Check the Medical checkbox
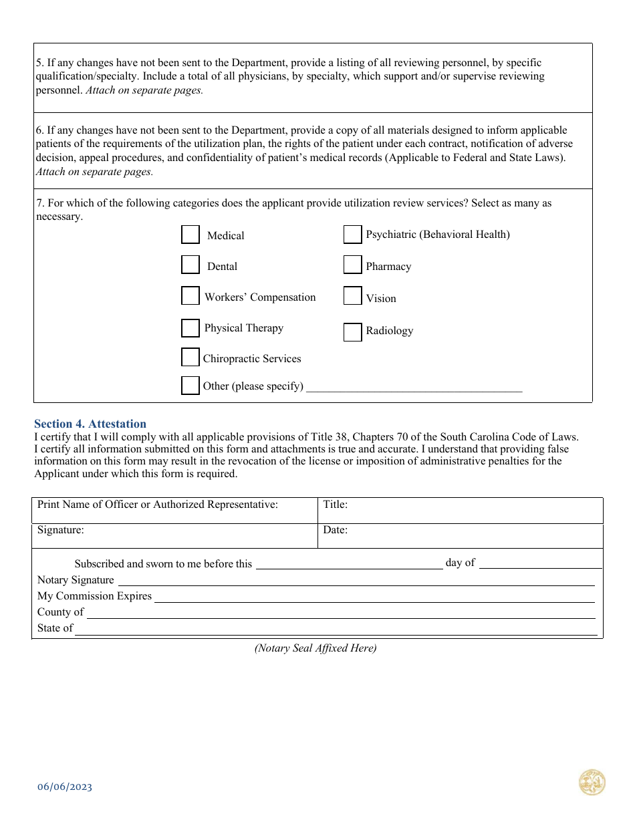pyautogui.click(x=190, y=235)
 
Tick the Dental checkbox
pyautogui.click(x=190, y=265)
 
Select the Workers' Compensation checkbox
pyautogui.click(x=190, y=296)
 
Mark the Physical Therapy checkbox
pyautogui.click(x=190, y=328)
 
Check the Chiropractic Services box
pyautogui.click(x=190, y=358)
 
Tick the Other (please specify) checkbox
pyautogui.click(x=190, y=386)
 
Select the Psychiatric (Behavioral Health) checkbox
pyautogui.click(x=352, y=235)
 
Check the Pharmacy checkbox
pyautogui.click(x=352, y=265)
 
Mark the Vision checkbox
pyautogui.click(x=352, y=296)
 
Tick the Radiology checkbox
pyautogui.click(x=352, y=332)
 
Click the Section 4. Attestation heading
pyautogui.click(x=90, y=424)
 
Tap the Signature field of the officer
pyautogui.click(x=174, y=535)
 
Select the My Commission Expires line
pyautogui.click(x=374, y=596)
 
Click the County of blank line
pyautogui.click(x=341, y=612)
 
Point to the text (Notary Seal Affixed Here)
pyautogui.click(x=315, y=648)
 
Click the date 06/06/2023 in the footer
pyautogui.click(x=65, y=787)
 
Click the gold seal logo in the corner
pyautogui.click(x=592, y=783)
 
